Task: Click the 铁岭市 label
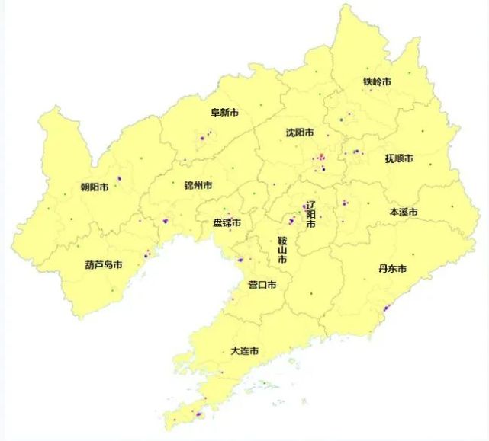pos(377,81)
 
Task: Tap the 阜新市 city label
pos(224,113)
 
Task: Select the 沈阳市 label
pos(300,133)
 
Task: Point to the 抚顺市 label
pos(399,159)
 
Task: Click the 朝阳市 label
pos(94,187)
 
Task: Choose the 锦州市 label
pos(198,185)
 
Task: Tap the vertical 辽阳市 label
pos(310,215)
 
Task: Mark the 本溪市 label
pos(404,212)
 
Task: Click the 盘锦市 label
pos(227,223)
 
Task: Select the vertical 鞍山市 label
pos(281,250)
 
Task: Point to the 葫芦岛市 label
pos(104,265)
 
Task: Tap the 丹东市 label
pos(392,269)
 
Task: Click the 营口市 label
pos(262,285)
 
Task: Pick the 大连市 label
pos(244,351)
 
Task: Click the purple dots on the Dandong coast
pos(386,308)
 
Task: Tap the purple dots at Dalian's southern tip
pos(198,414)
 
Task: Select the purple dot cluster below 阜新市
pos(204,137)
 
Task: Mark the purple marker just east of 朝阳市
pos(119,179)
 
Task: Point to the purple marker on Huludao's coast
pos(146,254)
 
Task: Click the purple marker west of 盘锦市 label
pos(164,220)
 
